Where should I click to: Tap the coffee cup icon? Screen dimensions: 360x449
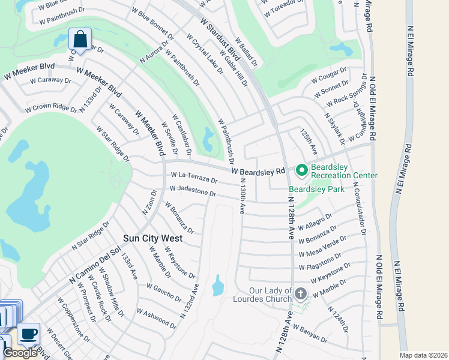click(27, 332)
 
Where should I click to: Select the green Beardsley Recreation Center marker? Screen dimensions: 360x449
click(301, 171)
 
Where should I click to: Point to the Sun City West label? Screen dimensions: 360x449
click(152, 238)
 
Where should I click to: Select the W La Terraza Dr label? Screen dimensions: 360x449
click(193, 178)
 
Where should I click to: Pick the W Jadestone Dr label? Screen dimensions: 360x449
click(193, 191)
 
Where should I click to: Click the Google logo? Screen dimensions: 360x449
click(20, 353)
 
